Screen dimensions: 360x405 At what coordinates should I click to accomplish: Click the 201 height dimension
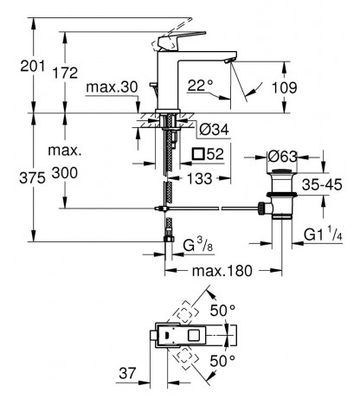pyautogui.click(x=33, y=67)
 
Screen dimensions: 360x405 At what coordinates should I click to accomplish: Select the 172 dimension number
pyautogui.click(x=65, y=73)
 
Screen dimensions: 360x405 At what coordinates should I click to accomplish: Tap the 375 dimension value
pyautogui.click(x=32, y=177)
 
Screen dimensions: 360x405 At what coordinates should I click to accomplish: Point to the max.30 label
pyautogui.click(x=112, y=87)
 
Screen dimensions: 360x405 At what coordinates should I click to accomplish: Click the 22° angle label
pyautogui.click(x=200, y=86)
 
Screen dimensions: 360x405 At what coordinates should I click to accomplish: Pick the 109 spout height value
pyautogui.click(x=285, y=87)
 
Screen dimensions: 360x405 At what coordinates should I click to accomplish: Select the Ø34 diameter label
pyautogui.click(x=215, y=130)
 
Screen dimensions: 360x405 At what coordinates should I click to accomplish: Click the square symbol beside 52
pyautogui.click(x=199, y=154)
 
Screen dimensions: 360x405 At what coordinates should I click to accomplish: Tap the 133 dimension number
pyautogui.click(x=200, y=178)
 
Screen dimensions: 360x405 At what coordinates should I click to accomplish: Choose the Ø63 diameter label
pyautogui.click(x=282, y=157)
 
